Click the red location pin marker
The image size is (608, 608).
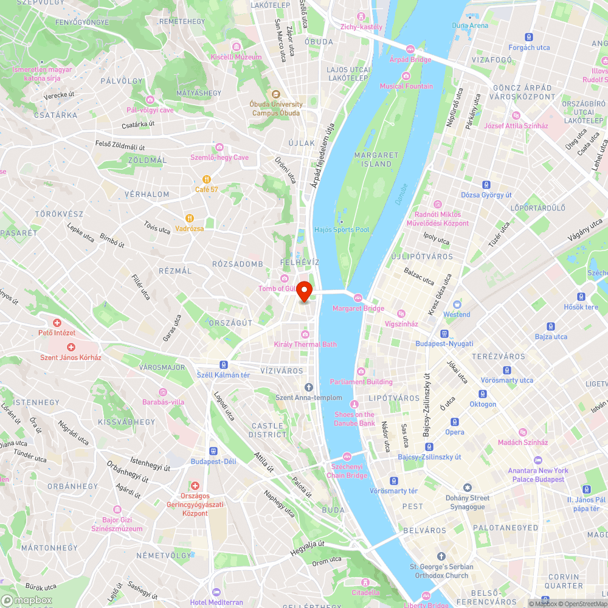(305, 291)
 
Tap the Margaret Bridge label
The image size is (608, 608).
(358, 308)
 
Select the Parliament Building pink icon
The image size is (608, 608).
(361, 371)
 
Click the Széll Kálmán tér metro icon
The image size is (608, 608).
(224, 365)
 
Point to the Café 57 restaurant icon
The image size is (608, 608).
(207, 179)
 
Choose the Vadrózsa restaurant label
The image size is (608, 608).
(190, 229)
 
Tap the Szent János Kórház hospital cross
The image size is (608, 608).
(71, 347)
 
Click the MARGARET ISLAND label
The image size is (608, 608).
(376, 159)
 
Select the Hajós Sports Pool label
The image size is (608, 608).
(342, 230)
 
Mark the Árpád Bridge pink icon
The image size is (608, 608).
(410, 49)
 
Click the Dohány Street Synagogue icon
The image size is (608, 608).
(467, 488)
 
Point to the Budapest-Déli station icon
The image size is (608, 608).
(213, 451)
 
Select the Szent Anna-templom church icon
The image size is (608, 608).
(309, 387)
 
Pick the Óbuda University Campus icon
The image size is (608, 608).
(275, 94)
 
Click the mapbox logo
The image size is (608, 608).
(27, 600)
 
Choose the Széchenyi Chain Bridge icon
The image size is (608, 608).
(348, 456)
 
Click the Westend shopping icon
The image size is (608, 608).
(457, 304)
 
